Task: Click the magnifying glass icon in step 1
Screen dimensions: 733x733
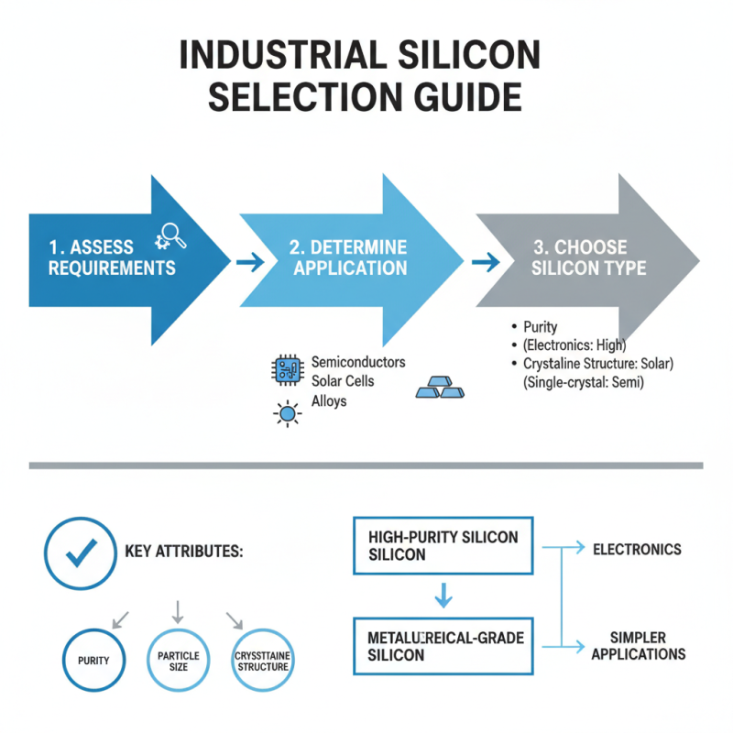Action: pyautogui.click(x=174, y=235)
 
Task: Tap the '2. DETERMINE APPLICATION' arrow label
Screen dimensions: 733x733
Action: pyautogui.click(x=348, y=257)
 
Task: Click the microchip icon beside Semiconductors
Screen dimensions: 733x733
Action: pyautogui.click(x=287, y=370)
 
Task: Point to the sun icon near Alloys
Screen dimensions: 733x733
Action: pyautogui.click(x=288, y=415)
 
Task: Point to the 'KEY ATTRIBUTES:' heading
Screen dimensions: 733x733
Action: pyautogui.click(x=183, y=553)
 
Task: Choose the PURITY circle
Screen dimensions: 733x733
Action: pyautogui.click(x=95, y=661)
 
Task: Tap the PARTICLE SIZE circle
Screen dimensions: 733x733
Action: pyautogui.click(x=179, y=661)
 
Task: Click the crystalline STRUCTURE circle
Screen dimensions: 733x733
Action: pyautogui.click(x=263, y=661)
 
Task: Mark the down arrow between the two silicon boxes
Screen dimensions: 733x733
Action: pyautogui.click(x=443, y=596)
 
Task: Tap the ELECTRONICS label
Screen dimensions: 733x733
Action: pyautogui.click(x=637, y=550)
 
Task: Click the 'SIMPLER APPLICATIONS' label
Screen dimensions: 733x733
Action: pyautogui.click(x=638, y=646)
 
